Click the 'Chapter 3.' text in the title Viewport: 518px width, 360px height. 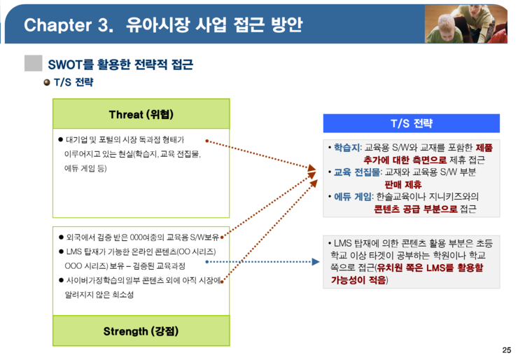coord(69,25)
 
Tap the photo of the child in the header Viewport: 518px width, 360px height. coord(465,24)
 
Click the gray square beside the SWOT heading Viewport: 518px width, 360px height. coord(34,63)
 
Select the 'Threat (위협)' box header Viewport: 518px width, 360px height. coord(141,114)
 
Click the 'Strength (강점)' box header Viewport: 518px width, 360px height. coord(141,331)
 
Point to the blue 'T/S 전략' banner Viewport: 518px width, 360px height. coord(412,123)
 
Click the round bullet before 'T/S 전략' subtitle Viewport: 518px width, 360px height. coord(47,82)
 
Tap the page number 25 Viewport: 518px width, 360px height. coord(506,350)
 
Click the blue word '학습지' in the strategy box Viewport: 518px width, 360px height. coord(346,148)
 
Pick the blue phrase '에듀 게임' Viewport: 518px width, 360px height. coord(353,197)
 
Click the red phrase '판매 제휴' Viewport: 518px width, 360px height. coord(403,184)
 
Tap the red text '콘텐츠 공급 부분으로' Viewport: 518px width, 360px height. coord(416,209)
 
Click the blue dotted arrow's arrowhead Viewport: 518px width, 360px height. coord(316,262)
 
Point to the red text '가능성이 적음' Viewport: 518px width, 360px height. coord(358,280)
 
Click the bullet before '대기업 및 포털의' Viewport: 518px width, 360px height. coord(60,139)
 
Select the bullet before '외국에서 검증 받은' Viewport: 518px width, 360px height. coord(61,237)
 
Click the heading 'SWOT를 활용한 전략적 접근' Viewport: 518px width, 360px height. coord(120,64)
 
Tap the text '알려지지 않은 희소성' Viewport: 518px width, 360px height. coord(99,295)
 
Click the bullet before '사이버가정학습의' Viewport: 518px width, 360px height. coord(61,280)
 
